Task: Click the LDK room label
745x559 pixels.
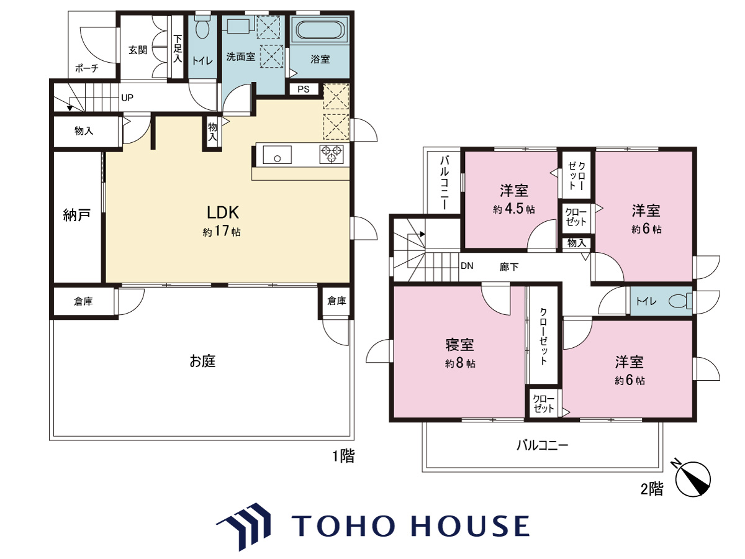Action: click(223, 212)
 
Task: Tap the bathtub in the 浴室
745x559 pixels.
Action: click(320, 30)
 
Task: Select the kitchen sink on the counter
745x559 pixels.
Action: click(277, 155)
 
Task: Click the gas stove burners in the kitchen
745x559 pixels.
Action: click(332, 155)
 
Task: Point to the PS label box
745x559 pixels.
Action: click(304, 89)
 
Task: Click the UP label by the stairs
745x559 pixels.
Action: click(127, 98)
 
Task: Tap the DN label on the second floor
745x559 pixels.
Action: click(467, 265)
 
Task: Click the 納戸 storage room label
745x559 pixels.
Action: click(77, 215)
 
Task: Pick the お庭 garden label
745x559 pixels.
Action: click(202, 361)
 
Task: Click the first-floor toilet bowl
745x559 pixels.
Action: click(202, 28)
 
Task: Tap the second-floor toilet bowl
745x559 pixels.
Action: click(679, 301)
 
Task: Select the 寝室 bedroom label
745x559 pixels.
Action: click(459, 345)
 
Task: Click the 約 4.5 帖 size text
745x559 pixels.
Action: click(513, 209)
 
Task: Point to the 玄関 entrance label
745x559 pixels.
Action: click(138, 50)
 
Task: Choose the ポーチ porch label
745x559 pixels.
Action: click(87, 68)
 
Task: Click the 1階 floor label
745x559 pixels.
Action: click(343, 456)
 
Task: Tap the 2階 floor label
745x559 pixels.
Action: click(652, 489)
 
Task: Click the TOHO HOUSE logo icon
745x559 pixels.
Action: click(244, 527)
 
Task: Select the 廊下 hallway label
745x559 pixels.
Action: click(508, 267)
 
